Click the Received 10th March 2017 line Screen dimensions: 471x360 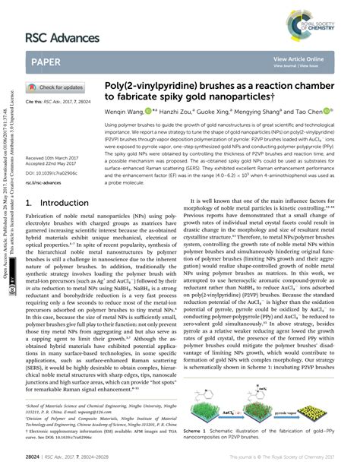pos(55,158)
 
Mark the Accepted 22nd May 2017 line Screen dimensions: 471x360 pos(53,164)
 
